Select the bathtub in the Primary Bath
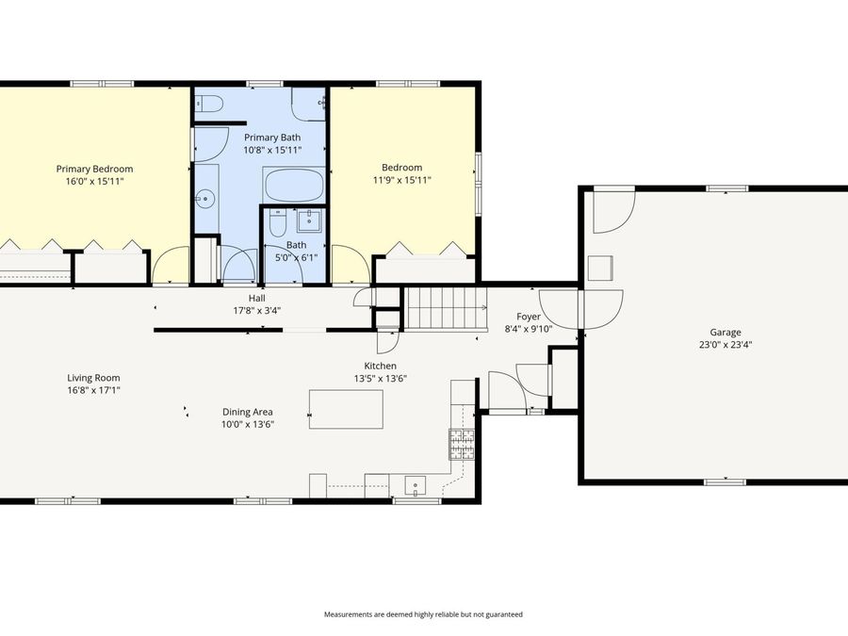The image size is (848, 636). click(294, 185)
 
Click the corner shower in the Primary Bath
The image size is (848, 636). click(308, 104)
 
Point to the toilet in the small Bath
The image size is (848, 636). click(278, 223)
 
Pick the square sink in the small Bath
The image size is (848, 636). click(310, 221)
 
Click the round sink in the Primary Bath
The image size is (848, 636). click(205, 199)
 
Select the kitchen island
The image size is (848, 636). click(346, 409)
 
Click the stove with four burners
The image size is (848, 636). click(461, 443)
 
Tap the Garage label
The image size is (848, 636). click(726, 332)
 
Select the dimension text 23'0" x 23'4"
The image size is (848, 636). click(726, 345)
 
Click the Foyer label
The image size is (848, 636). click(529, 317)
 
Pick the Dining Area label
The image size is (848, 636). click(248, 412)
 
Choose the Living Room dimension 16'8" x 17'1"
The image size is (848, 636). click(93, 390)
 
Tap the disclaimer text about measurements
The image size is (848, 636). click(423, 614)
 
